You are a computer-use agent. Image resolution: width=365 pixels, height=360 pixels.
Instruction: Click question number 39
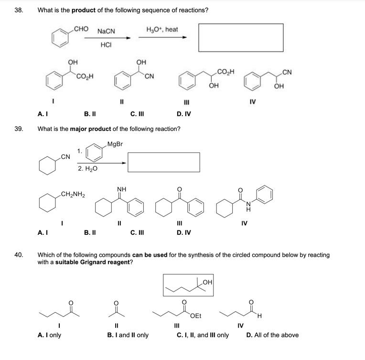point(19,129)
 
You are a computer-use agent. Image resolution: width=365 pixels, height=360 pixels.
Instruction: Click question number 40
point(19,255)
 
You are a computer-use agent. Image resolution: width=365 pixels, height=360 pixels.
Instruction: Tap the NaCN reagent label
point(106,32)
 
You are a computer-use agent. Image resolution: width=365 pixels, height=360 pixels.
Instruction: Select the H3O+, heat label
point(162,30)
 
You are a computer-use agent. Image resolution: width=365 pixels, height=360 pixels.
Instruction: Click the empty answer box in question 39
point(163,162)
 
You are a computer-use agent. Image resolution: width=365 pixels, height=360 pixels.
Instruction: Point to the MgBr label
point(115,144)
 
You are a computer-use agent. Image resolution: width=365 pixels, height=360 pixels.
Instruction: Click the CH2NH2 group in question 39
point(73,194)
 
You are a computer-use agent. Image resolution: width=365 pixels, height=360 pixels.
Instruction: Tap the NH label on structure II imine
point(121,189)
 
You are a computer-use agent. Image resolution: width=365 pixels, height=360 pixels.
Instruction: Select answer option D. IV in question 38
point(184,114)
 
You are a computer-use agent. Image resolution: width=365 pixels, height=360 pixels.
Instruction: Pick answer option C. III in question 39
point(137,233)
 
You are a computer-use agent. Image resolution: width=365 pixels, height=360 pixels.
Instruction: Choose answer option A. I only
point(49,335)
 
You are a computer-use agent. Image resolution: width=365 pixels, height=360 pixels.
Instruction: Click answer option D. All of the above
point(272,335)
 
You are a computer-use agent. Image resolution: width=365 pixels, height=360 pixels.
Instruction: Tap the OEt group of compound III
point(196,316)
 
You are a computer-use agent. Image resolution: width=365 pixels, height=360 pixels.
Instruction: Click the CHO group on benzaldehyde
point(81,29)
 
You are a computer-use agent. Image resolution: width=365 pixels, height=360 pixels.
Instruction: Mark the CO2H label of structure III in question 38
point(225,72)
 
